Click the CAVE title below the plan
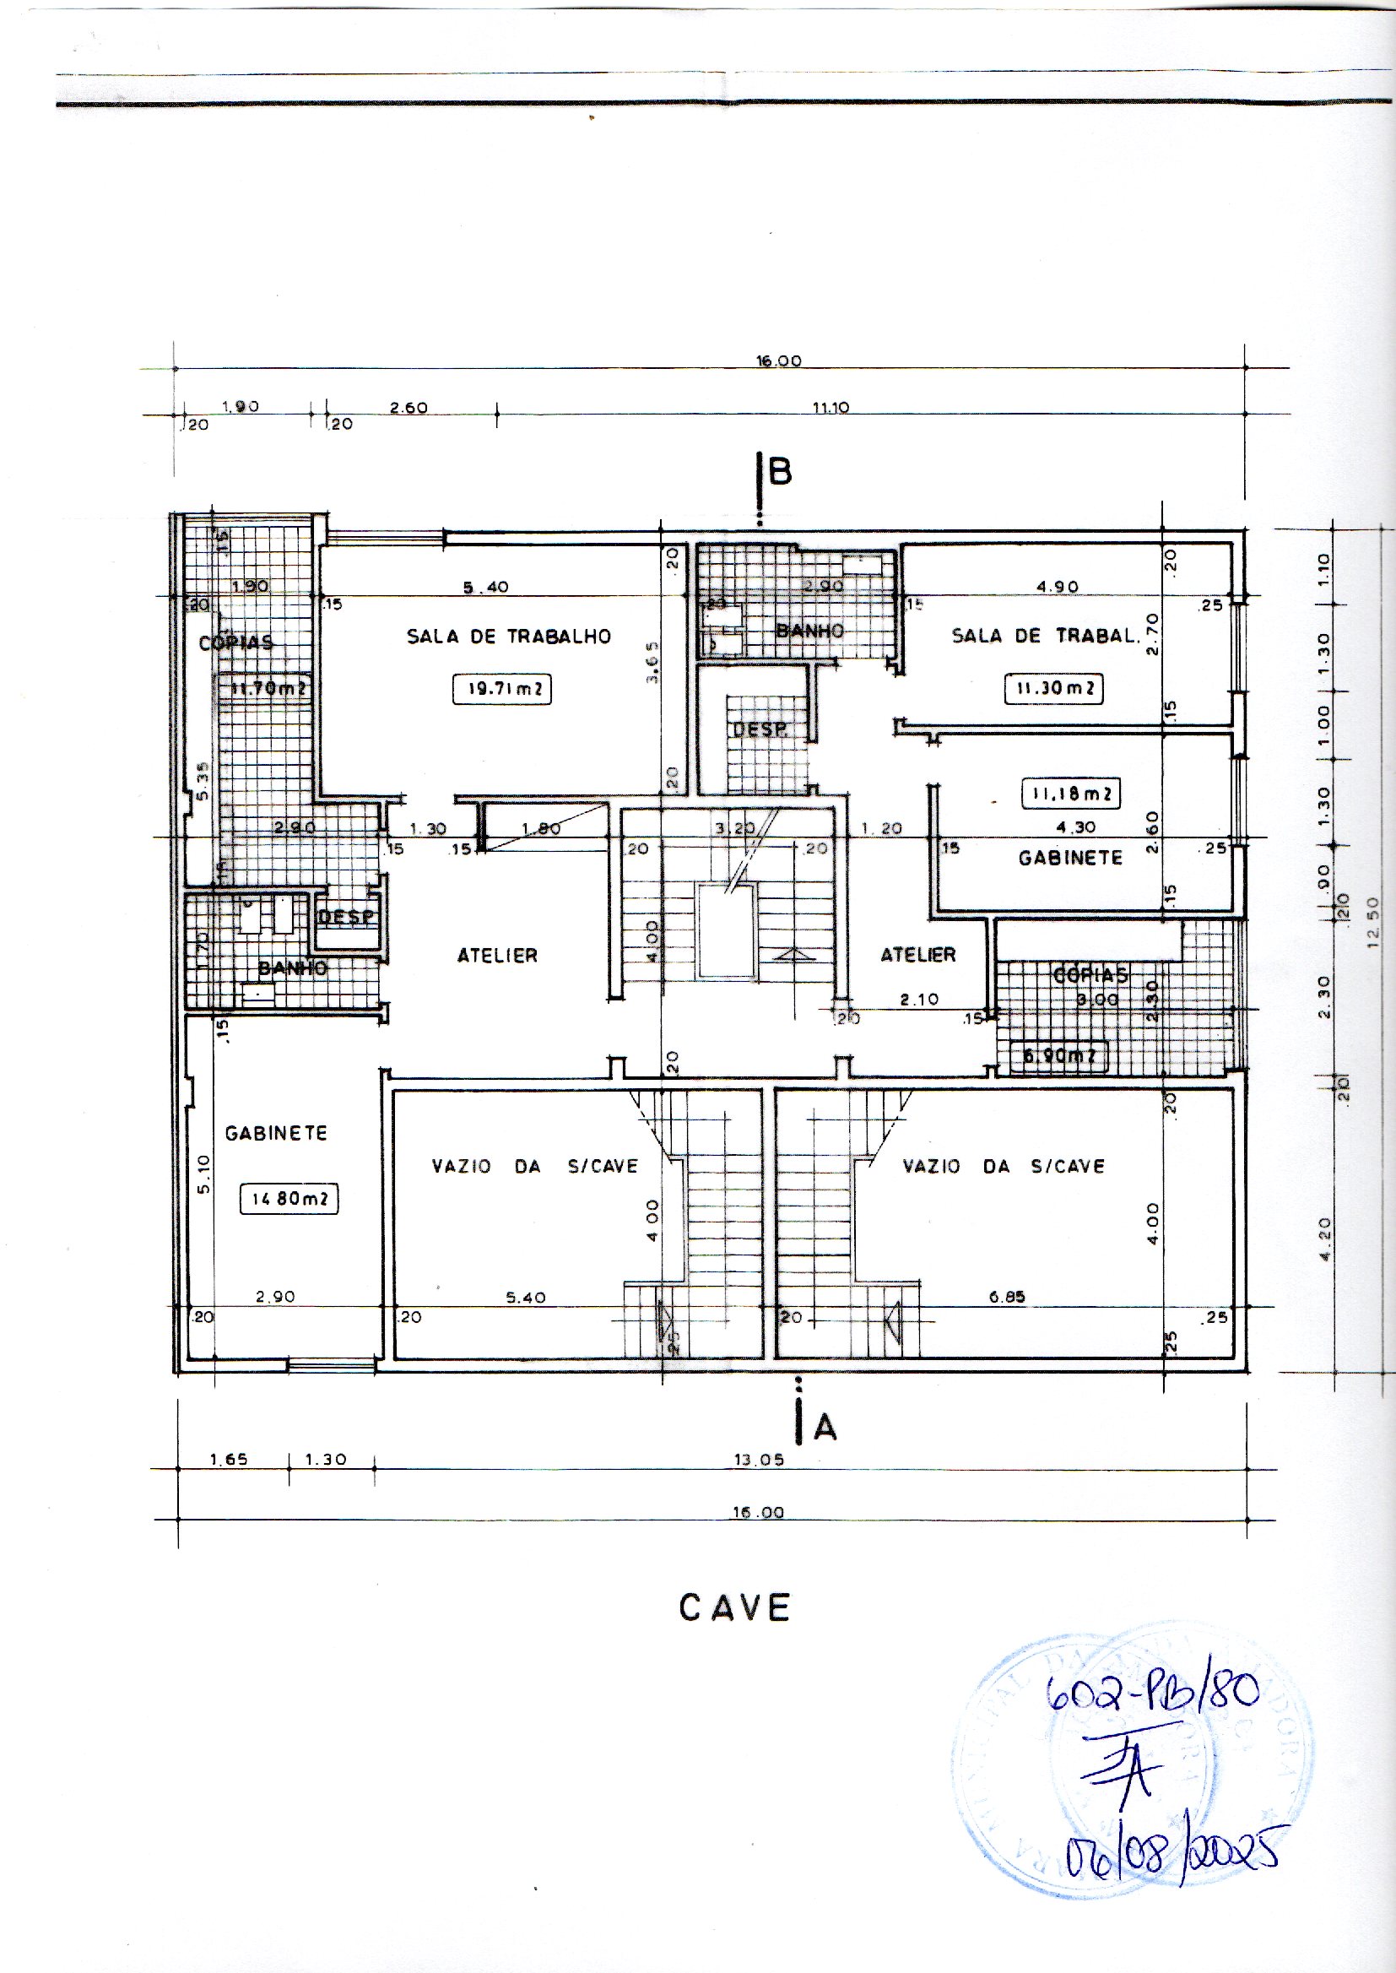click(734, 1607)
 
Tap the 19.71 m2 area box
click(502, 690)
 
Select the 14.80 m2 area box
click(289, 1199)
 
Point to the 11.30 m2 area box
click(1054, 689)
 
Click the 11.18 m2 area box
click(1071, 794)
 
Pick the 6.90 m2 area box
click(1059, 1054)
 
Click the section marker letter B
click(780, 472)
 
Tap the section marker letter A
click(825, 1428)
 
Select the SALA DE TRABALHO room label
click(509, 637)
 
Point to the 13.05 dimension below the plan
click(758, 1460)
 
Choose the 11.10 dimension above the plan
click(831, 408)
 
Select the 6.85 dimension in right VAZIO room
click(1007, 1298)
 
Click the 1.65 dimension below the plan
click(229, 1459)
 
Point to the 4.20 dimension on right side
click(1323, 1239)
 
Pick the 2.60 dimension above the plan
click(409, 408)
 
